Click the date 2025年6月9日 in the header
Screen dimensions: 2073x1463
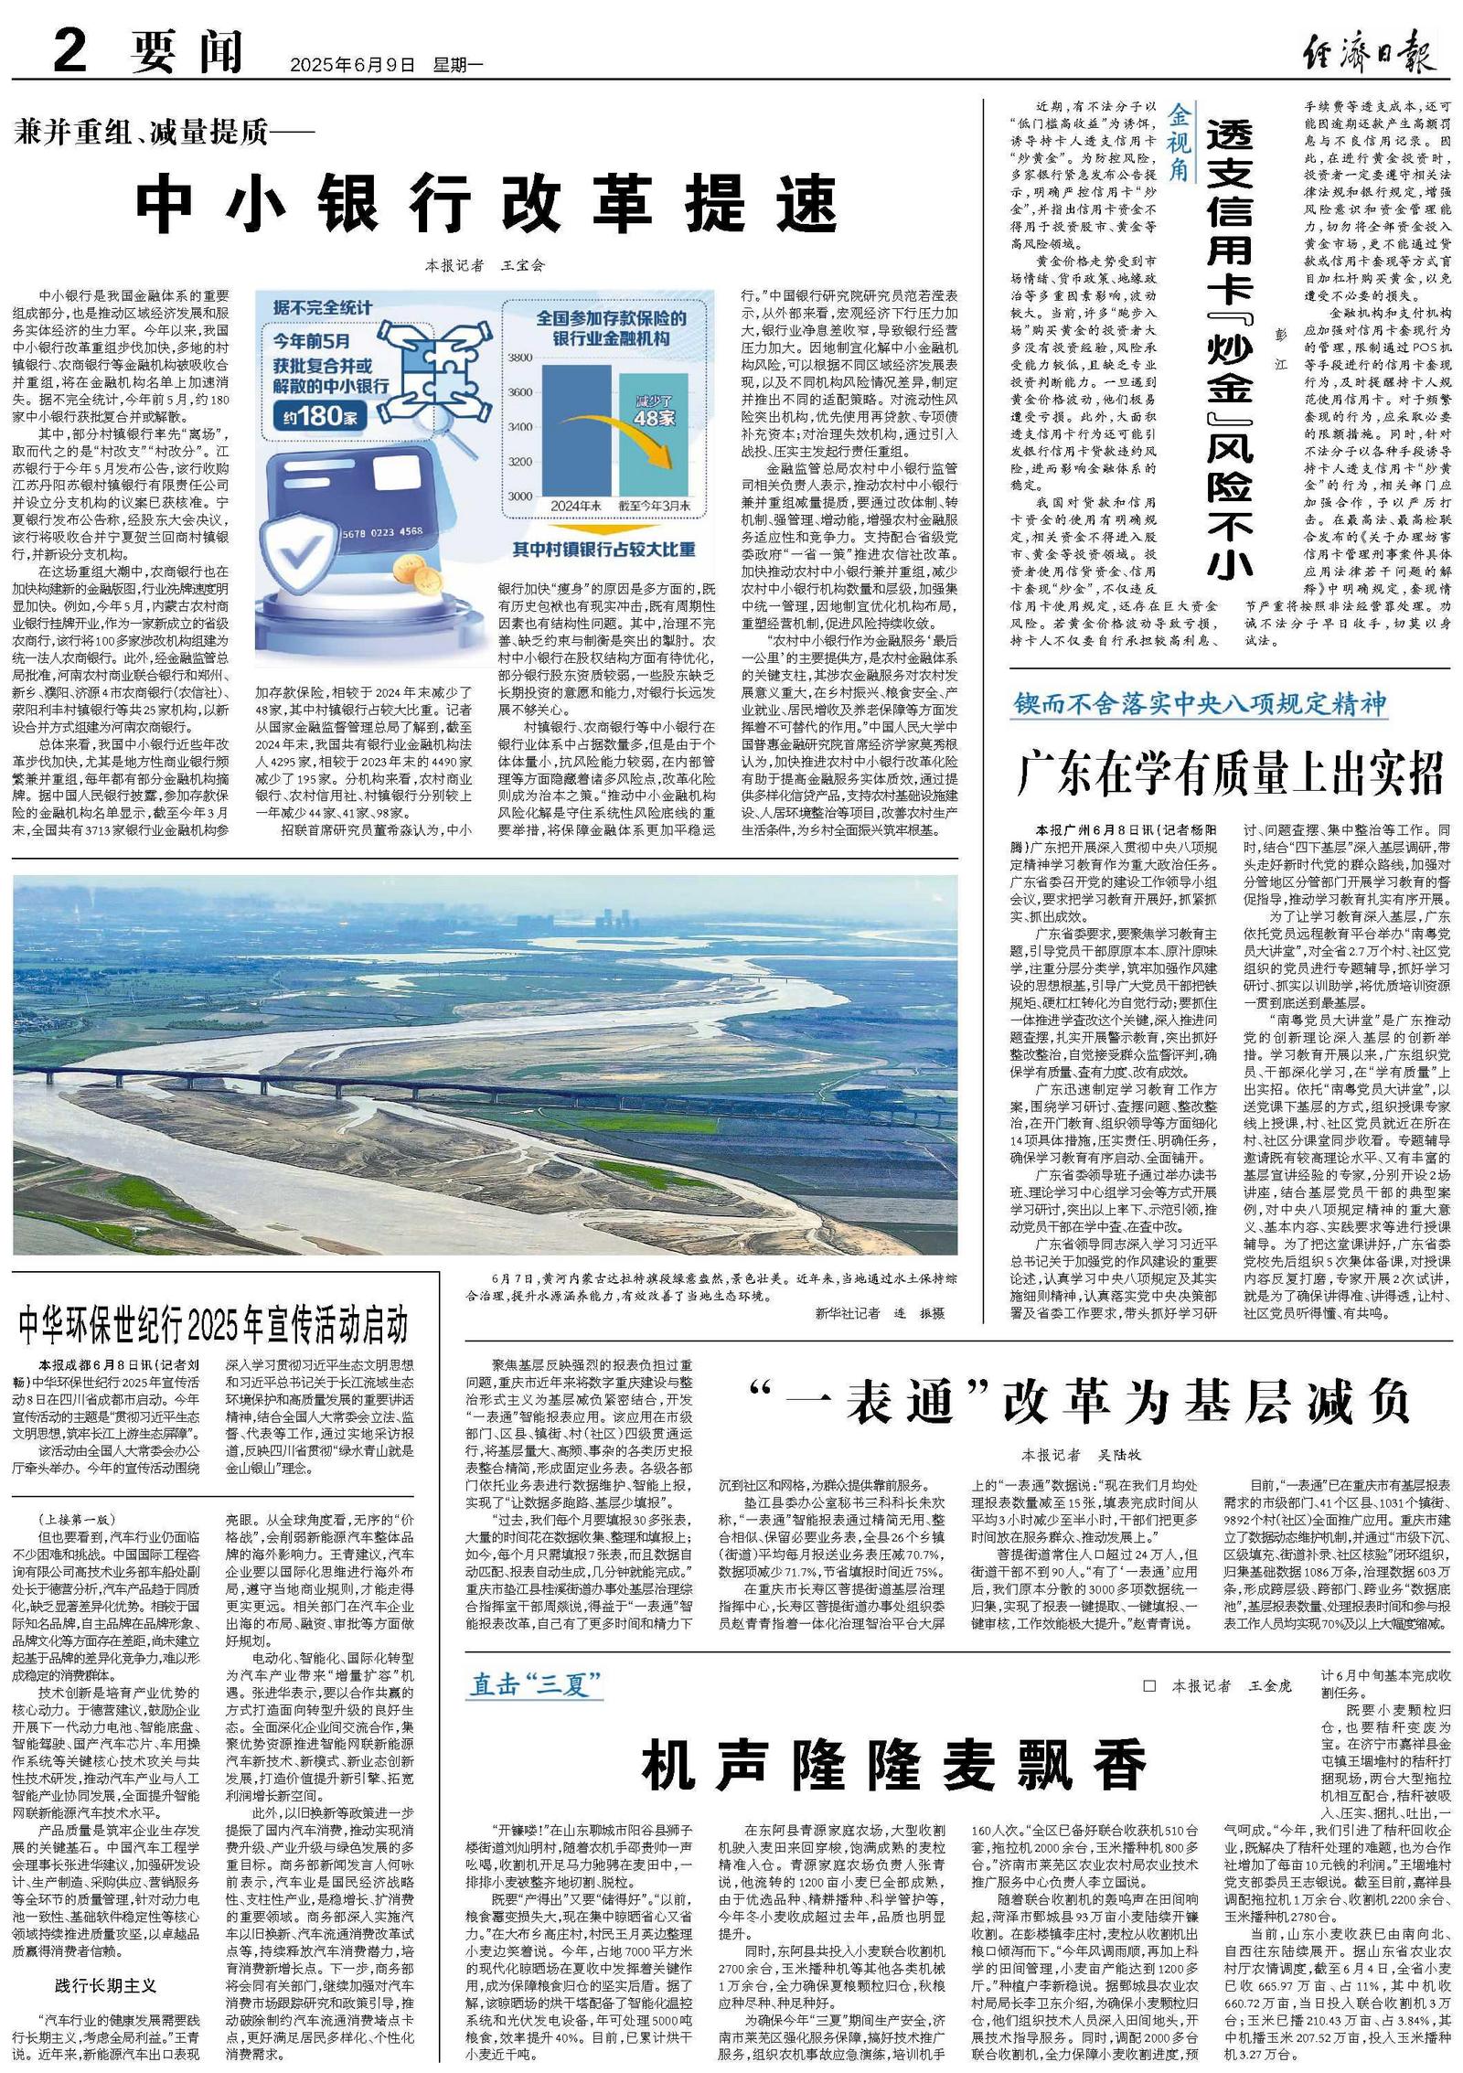353,65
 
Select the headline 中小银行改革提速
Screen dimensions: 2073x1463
486,204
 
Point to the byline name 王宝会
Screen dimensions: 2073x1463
522,265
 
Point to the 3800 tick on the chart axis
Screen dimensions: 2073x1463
519,357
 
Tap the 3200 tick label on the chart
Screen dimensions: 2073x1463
519,461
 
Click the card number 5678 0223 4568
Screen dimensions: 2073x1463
380,531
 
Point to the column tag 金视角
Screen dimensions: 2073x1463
1180,142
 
